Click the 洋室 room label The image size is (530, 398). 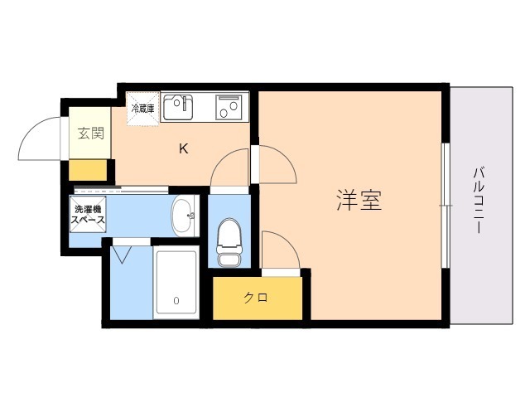[x=359, y=201]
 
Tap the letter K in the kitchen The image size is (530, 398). [x=184, y=148]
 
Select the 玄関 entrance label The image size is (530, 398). [x=90, y=133]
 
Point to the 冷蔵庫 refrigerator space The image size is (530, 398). [x=142, y=109]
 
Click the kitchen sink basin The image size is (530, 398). [x=178, y=107]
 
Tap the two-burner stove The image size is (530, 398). [x=229, y=107]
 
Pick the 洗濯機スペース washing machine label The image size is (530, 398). [x=88, y=214]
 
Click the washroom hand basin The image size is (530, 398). [x=184, y=216]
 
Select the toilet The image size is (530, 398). [x=229, y=241]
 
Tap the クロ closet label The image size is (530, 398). [x=256, y=298]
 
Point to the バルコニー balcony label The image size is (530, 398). [x=479, y=201]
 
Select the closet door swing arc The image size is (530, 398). [x=288, y=241]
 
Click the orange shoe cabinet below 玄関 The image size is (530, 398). [x=88, y=170]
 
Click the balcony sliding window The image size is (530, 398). [x=446, y=206]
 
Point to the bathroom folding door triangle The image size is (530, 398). [x=122, y=255]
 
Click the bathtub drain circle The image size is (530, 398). [x=176, y=300]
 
